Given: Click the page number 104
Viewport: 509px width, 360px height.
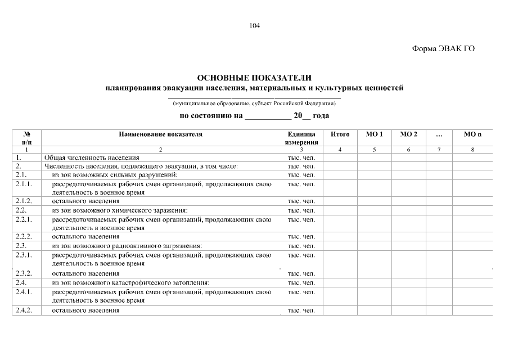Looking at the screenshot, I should pos(254,26).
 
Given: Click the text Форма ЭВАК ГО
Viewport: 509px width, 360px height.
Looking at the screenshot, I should pos(443,48).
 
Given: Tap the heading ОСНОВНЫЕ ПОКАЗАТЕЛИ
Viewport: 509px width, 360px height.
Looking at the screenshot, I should pos(254,78).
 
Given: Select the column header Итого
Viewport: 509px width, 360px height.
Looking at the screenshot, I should pos(340,134).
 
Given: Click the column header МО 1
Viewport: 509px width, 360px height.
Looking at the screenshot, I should pos(374,134).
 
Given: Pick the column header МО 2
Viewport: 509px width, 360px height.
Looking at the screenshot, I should pos(408,134).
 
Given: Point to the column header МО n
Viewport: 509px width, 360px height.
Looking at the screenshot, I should pos(472,134).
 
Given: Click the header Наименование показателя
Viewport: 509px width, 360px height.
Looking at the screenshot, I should pos(160,134).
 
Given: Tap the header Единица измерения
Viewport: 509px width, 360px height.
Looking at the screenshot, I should pos(301,138).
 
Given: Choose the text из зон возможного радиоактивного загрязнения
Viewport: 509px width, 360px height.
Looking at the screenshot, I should pos(127,246).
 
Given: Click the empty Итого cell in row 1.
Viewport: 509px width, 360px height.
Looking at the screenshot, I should pos(340,158).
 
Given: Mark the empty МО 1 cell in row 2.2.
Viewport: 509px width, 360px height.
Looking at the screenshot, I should pos(374,210).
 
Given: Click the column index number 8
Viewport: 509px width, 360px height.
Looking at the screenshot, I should pos(472,150).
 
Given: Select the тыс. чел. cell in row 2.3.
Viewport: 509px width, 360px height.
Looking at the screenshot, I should pos(301,246).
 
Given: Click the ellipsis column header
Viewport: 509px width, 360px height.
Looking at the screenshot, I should pos(439,134).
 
